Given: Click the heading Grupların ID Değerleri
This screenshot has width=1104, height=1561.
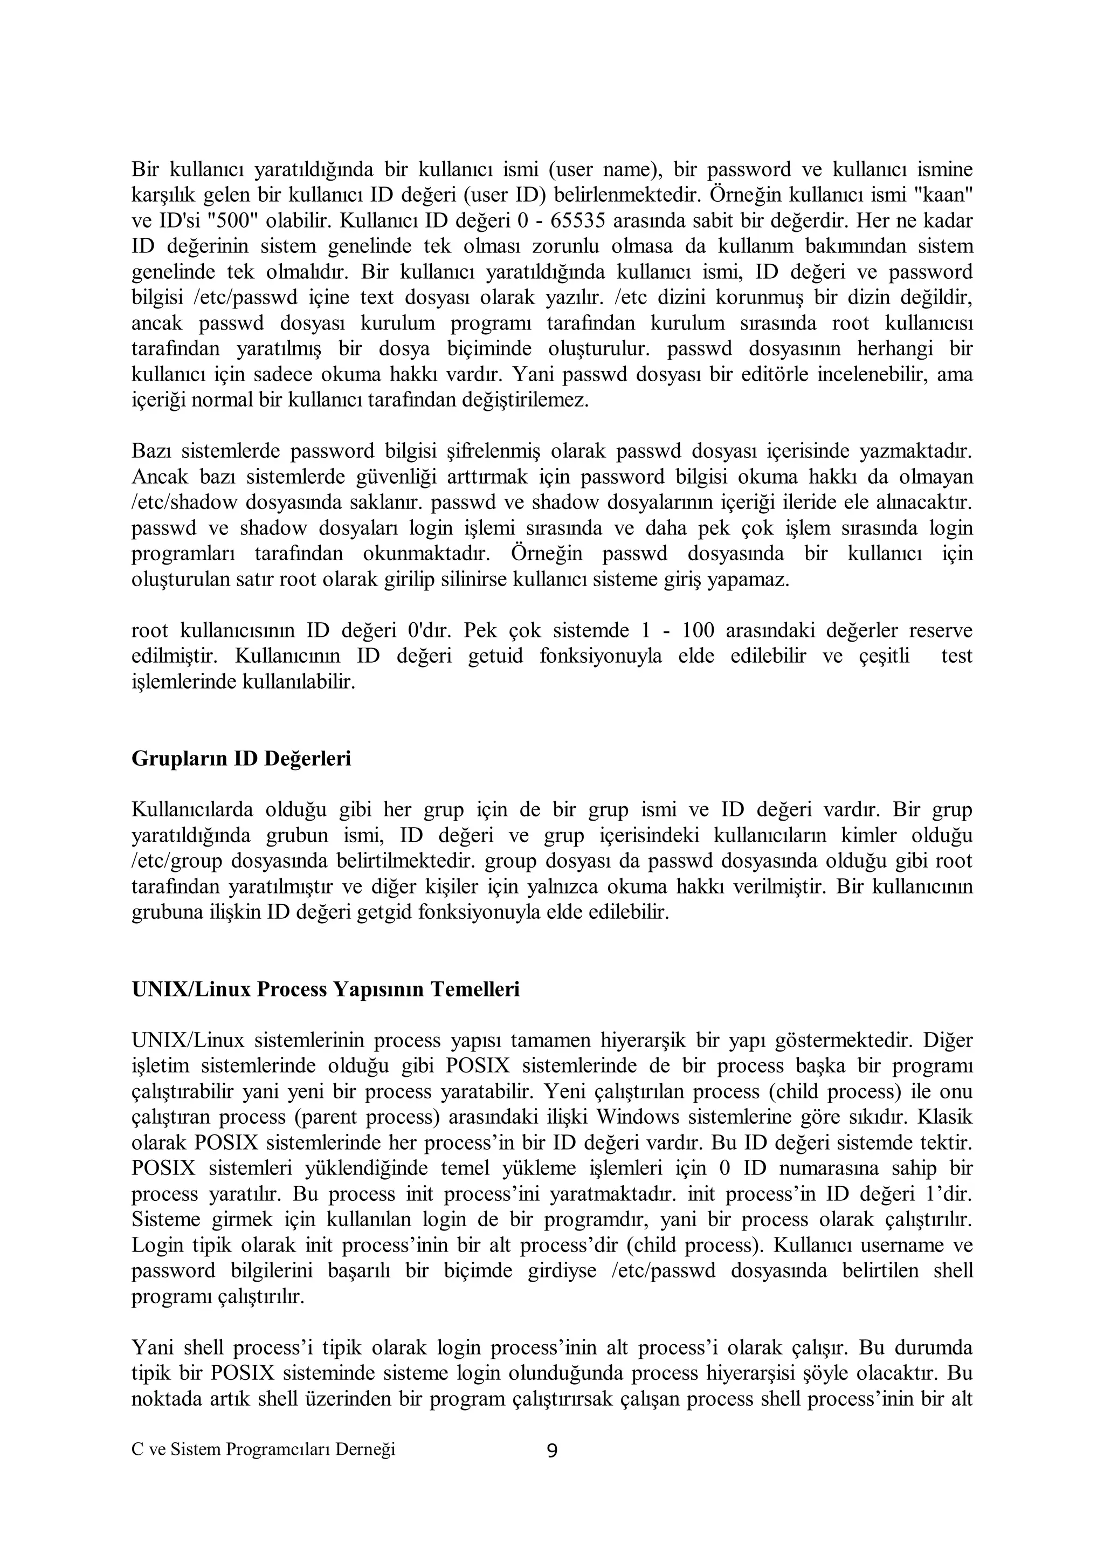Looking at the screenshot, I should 241,759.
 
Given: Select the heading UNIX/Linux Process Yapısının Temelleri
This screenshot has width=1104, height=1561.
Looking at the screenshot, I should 326,989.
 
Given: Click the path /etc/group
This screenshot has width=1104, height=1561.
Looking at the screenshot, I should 177,862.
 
